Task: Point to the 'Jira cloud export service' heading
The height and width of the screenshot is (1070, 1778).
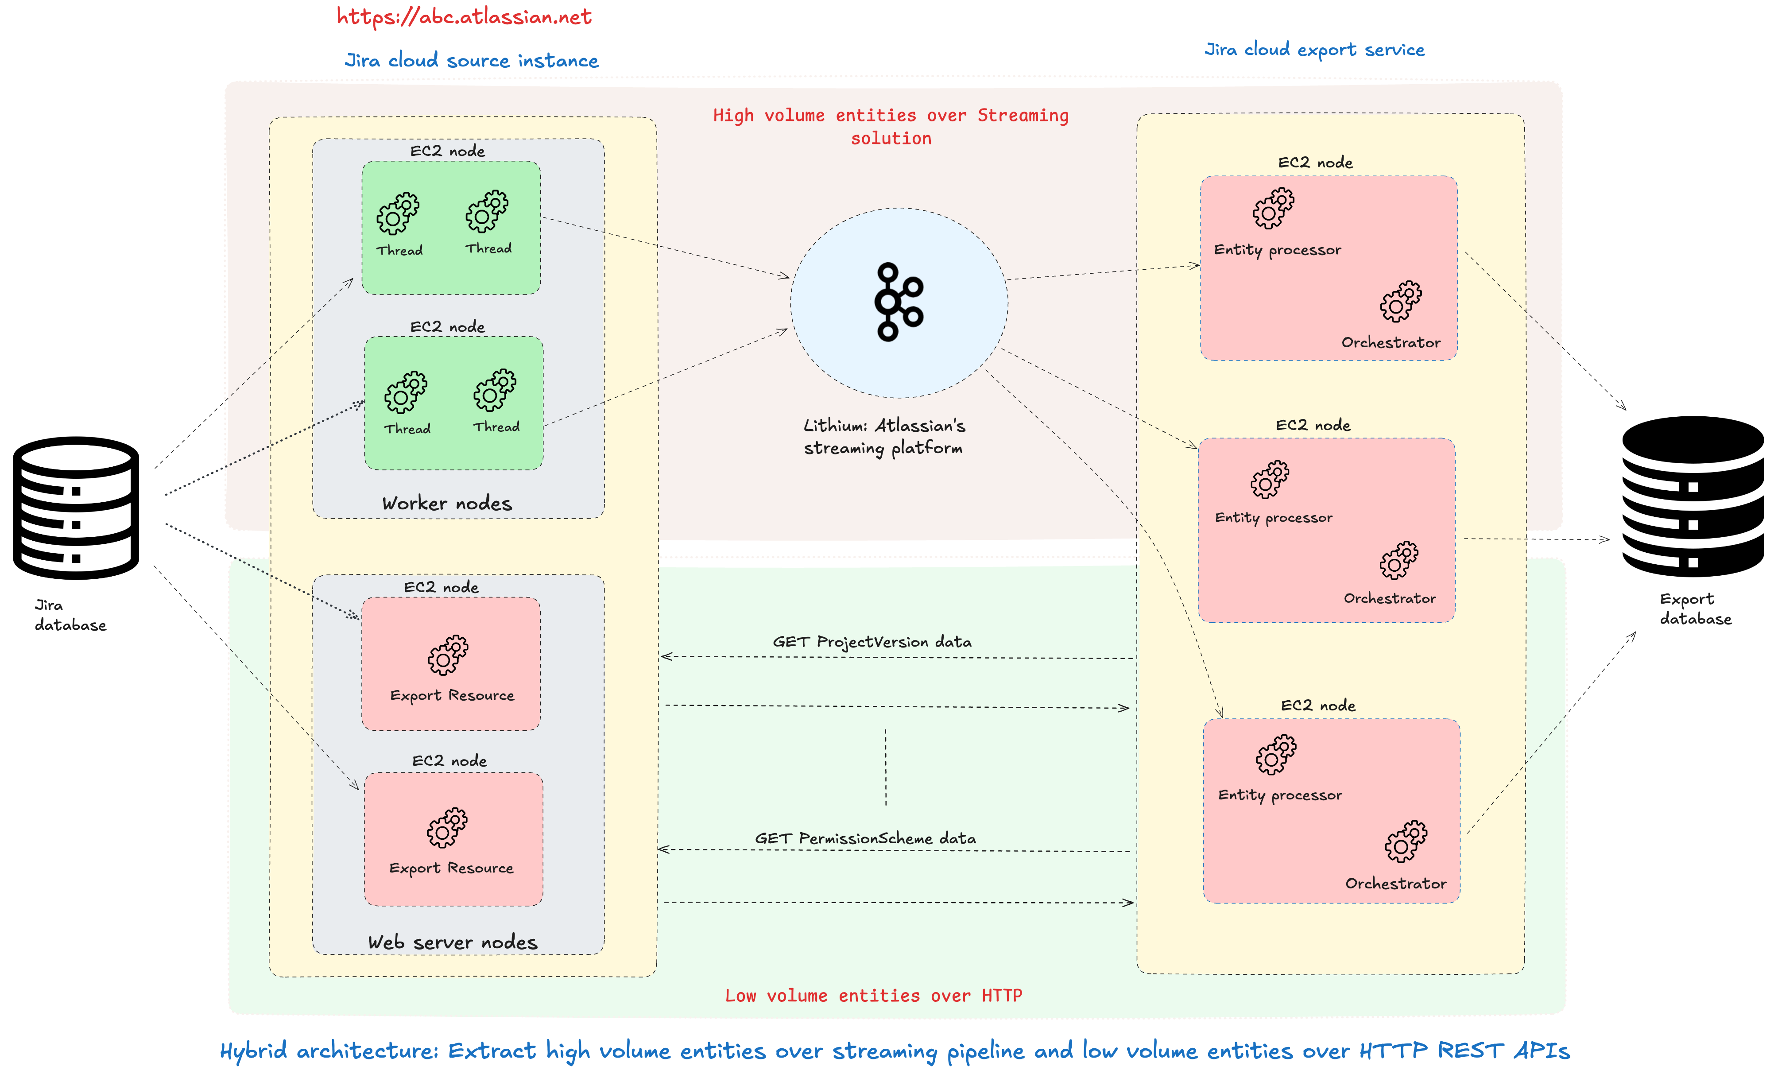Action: point(1314,50)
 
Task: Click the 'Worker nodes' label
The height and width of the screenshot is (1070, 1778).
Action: point(447,503)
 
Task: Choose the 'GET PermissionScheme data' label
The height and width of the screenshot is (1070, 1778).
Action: point(865,838)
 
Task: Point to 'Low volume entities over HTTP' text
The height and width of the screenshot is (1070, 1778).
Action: point(873,996)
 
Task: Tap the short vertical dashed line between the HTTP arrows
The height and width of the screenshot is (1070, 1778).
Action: point(885,767)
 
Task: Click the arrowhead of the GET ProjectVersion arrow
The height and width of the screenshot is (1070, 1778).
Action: point(666,656)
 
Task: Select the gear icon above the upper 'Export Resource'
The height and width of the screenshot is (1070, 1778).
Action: point(448,655)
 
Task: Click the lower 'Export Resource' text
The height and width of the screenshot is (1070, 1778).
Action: point(451,868)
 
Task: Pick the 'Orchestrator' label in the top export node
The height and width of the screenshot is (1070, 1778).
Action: point(1391,342)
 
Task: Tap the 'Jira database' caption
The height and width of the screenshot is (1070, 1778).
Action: point(71,615)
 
